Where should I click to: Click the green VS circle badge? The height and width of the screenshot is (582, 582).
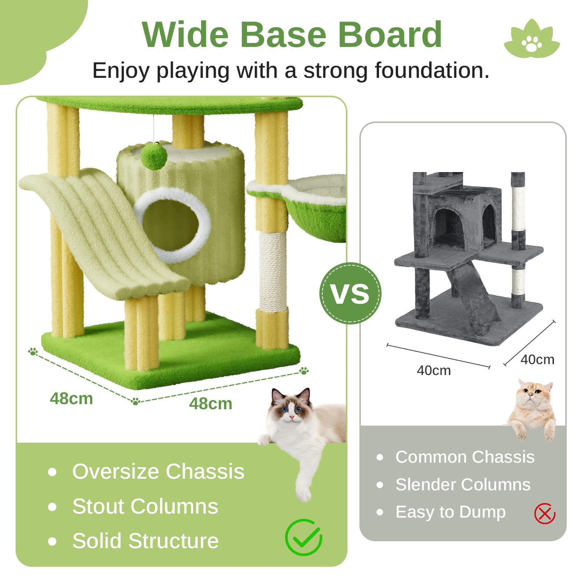(x=350, y=293)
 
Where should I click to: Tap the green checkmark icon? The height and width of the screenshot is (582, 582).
(x=303, y=537)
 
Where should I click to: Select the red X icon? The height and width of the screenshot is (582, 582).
(x=545, y=513)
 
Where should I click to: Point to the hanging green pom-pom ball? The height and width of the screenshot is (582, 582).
(x=154, y=156)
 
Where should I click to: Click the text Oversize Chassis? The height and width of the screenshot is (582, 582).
(x=158, y=471)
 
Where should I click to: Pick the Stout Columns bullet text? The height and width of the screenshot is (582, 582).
(x=145, y=506)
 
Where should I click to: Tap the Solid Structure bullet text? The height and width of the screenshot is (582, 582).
(x=145, y=541)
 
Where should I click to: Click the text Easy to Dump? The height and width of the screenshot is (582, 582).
(x=450, y=512)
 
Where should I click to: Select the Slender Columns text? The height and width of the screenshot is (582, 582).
(x=463, y=485)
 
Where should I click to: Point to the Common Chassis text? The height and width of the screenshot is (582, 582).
(x=465, y=457)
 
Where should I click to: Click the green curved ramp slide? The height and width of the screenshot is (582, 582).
(x=105, y=236)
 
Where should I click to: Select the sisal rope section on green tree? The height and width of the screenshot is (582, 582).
(x=273, y=271)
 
